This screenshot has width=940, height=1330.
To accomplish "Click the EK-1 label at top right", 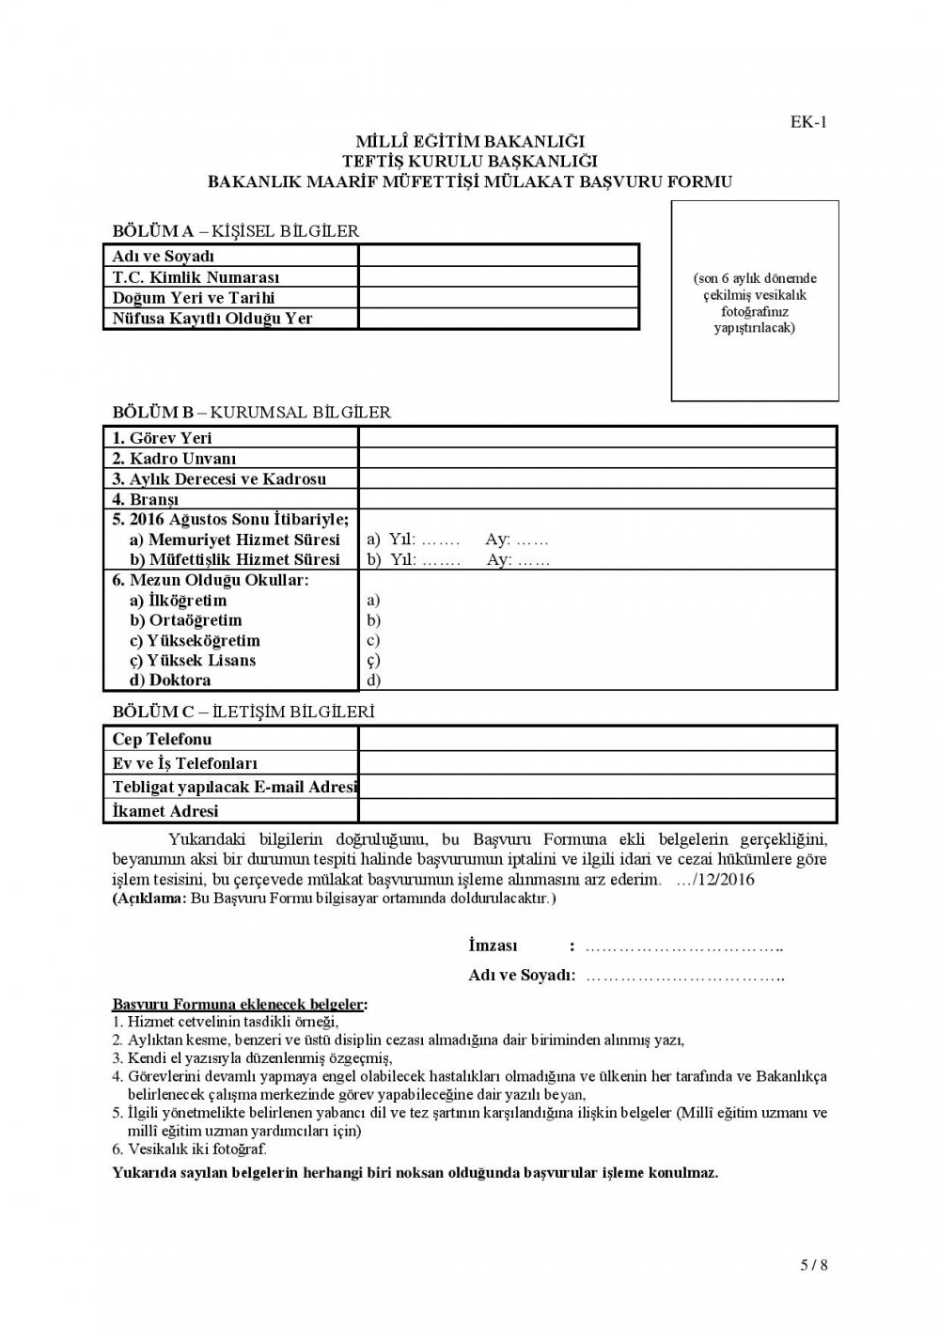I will point(809,120).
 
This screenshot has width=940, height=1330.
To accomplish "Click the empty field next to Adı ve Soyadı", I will point(497,256).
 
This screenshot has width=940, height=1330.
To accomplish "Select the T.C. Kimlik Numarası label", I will point(196,277).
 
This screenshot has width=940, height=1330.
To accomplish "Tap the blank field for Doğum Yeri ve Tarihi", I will point(497,298).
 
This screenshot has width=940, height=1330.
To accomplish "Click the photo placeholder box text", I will point(755,304).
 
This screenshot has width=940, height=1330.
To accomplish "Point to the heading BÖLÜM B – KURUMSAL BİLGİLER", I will point(251,412).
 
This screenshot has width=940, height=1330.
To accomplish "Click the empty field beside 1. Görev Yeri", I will point(596,438).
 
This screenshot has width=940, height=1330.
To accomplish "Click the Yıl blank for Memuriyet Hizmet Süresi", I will point(439,540).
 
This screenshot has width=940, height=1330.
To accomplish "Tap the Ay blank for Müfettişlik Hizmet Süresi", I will point(533,560).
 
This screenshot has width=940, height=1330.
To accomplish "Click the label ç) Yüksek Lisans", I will point(193,660).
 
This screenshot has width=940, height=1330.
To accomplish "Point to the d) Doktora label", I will point(170,681).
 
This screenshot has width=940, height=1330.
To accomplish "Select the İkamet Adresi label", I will point(164,810).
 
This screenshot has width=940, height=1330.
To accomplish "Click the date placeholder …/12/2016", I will point(715,880).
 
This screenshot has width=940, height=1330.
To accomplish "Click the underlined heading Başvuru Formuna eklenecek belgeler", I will point(240,1005).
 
